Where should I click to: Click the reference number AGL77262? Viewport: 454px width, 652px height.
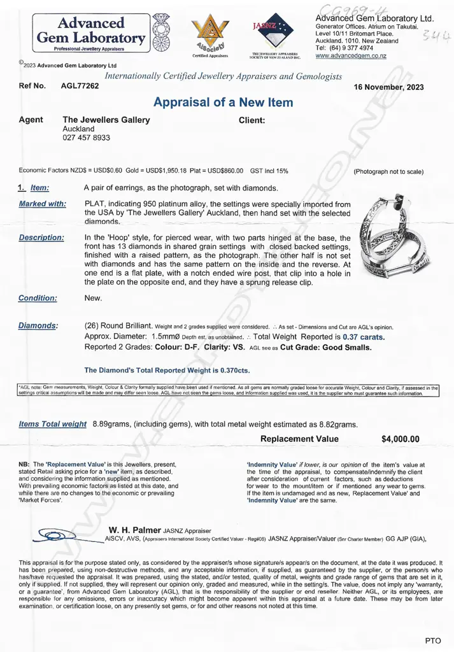pyautogui.click(x=80, y=86)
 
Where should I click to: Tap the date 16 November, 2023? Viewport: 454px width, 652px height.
pyautogui.click(x=388, y=87)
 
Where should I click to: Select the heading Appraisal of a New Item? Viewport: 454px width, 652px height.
pyautogui.click(x=223, y=103)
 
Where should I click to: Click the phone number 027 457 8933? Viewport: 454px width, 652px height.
pyautogui.click(x=86, y=138)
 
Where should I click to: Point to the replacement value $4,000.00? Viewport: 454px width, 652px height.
pyautogui.click(x=400, y=439)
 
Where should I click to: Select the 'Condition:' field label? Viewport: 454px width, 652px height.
pyautogui.click(x=38, y=298)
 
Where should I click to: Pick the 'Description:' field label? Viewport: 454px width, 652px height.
pyautogui.click(x=41, y=237)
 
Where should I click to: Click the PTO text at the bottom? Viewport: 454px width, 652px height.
pyautogui.click(x=432, y=640)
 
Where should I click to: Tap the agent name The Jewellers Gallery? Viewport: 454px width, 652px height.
pyautogui.click(x=106, y=120)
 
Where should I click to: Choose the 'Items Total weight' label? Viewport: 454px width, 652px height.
pyautogui.click(x=53, y=424)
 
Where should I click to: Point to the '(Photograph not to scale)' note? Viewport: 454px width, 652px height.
pyautogui.click(x=388, y=172)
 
